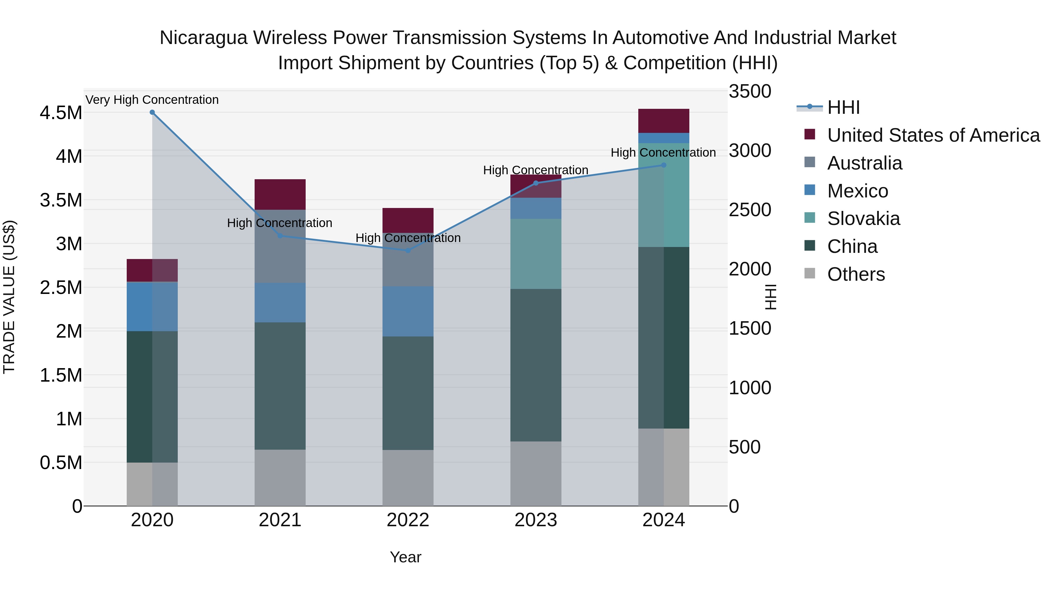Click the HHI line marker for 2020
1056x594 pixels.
[152, 112]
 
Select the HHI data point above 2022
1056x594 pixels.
[408, 250]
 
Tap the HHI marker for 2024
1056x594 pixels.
[664, 165]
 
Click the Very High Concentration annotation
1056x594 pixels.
[152, 100]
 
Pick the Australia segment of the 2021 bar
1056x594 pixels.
[280, 246]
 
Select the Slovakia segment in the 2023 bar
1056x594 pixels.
[536, 254]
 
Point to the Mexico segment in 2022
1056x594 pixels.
[408, 311]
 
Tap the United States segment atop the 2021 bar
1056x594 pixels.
[280, 194]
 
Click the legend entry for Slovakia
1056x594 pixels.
[863, 219]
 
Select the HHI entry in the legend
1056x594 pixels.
[843, 107]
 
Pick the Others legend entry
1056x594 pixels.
[856, 274]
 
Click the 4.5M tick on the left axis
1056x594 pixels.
[61, 113]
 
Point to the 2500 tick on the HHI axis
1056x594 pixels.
[749, 210]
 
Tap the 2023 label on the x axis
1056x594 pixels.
[536, 520]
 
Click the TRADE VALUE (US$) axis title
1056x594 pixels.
[9, 297]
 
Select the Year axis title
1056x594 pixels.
[405, 557]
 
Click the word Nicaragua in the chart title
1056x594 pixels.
[203, 38]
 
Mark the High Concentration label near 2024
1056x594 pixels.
[663, 153]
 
